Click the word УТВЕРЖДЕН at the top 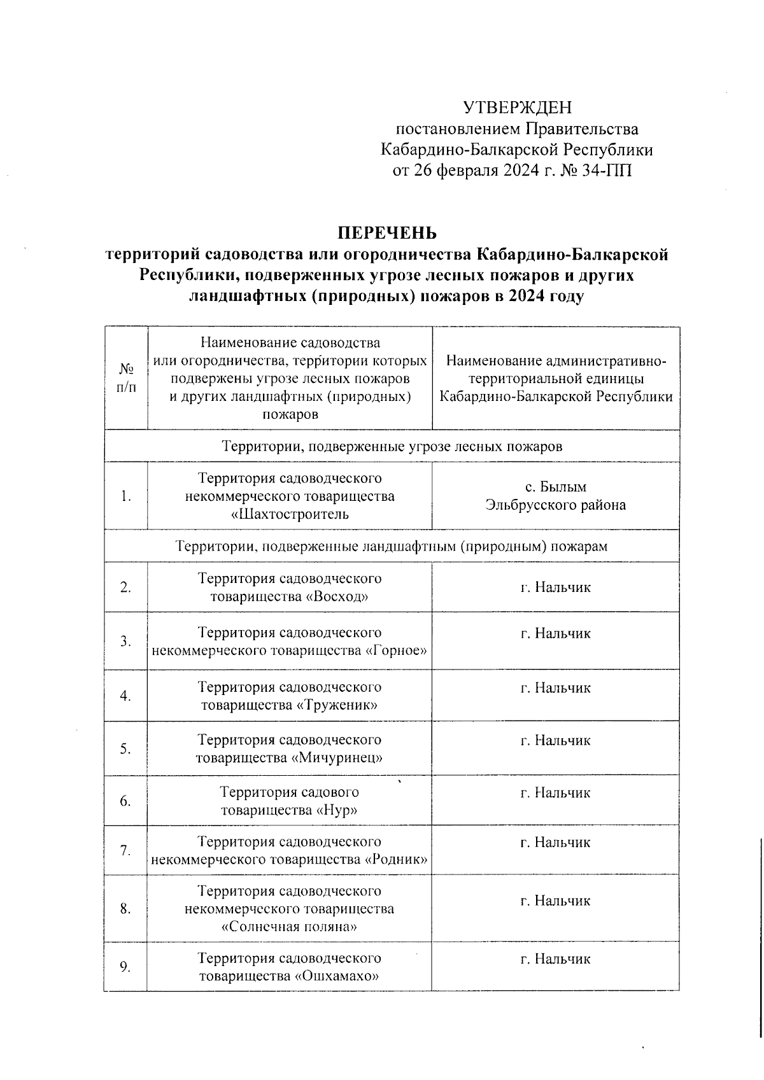pos(517,107)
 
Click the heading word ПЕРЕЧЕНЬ pos(387,233)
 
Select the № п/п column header pos(126,378)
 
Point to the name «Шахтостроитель pos(290,514)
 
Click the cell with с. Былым pos(555,487)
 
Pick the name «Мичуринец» pos(337,757)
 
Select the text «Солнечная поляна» pos(289,927)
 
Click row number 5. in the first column pos(125,748)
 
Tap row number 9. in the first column pos(125,967)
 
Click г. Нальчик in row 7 pos(555,843)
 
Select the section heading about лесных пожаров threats pos(392,446)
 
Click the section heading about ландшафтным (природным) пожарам pos(392,546)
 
